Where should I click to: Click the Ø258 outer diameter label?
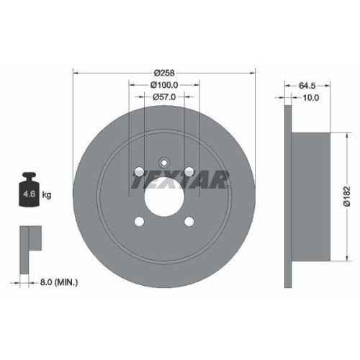(164, 72)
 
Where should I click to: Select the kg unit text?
(47, 194)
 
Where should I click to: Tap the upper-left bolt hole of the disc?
(138, 171)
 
